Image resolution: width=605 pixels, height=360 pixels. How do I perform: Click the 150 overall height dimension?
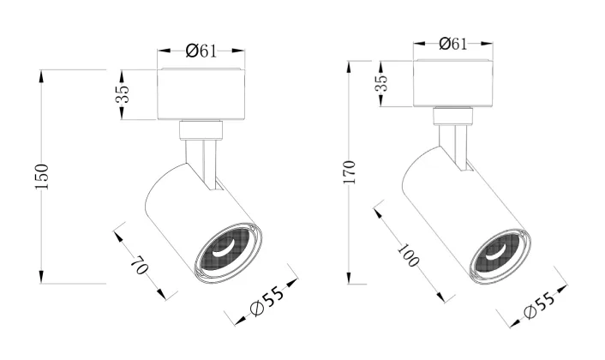tap(42, 177)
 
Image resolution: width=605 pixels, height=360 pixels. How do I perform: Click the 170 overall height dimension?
tap(349, 171)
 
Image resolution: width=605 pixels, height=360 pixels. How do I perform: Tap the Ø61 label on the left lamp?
tap(201, 51)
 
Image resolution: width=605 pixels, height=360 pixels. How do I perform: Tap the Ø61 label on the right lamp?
tap(453, 44)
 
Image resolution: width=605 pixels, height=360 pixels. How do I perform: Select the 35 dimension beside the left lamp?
tap(123, 93)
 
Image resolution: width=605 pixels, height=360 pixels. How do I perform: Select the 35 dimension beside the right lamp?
tap(380, 82)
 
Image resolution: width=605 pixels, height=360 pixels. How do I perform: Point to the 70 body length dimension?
tap(140, 265)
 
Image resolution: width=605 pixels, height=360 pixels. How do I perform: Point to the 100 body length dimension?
tap(408, 255)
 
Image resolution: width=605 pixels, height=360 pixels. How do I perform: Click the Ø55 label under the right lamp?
tap(539, 305)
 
